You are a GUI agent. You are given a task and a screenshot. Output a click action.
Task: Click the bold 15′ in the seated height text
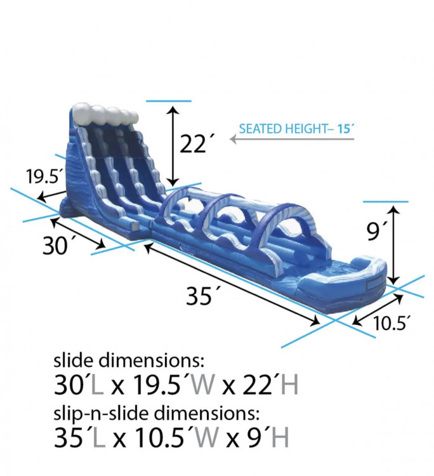pyautogui.click(x=346, y=129)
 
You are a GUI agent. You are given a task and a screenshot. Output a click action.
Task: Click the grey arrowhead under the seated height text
pyautogui.click(x=233, y=139)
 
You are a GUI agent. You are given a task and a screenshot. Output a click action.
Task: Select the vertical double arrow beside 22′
pyautogui.click(x=173, y=146)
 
